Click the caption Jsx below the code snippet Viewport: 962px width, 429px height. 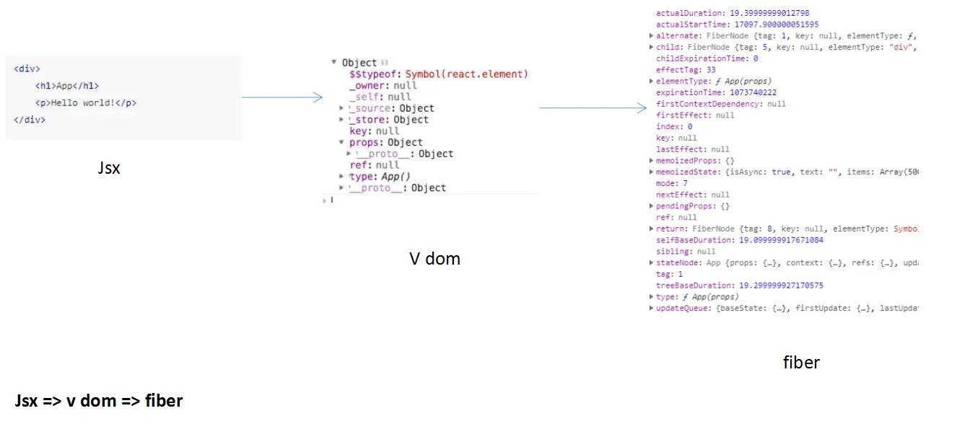[x=109, y=169]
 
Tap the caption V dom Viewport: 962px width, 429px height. [x=434, y=259]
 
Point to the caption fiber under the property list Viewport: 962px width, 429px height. [x=801, y=362]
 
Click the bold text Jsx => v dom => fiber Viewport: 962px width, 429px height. [x=99, y=400]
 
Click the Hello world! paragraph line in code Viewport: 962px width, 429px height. [x=86, y=102]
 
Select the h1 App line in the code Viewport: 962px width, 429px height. [x=67, y=86]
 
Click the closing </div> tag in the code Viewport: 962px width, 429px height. [x=30, y=120]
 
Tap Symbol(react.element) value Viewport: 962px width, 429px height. [x=467, y=74]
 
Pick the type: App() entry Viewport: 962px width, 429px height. [x=380, y=177]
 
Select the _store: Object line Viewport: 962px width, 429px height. [x=388, y=120]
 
